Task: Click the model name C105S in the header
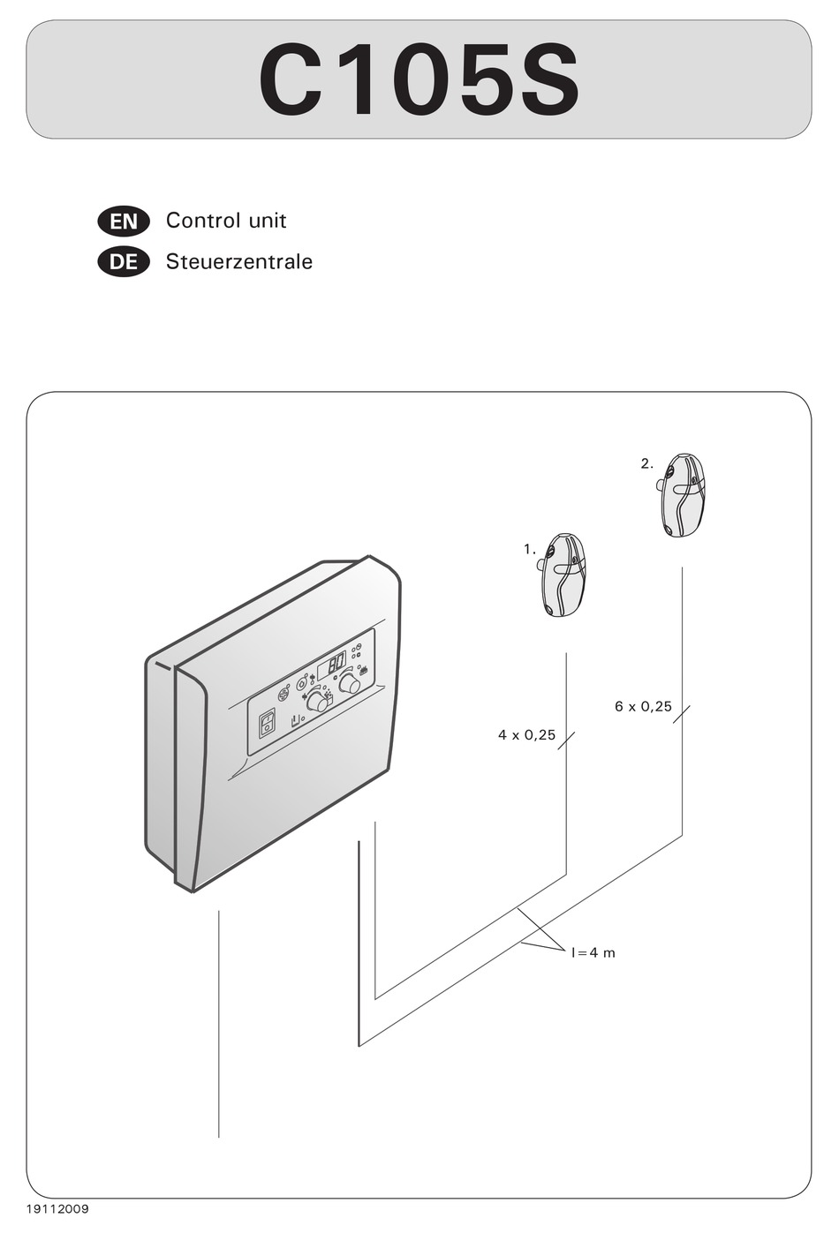(419, 81)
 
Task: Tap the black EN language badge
(124, 222)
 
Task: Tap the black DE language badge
(124, 262)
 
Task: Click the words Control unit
(226, 221)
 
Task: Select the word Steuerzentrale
(238, 262)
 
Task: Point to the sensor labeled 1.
(563, 575)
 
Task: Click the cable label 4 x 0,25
(526, 735)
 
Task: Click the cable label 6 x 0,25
(643, 707)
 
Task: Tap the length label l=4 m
(593, 953)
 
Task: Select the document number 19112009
(51, 1209)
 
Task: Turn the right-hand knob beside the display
(349, 684)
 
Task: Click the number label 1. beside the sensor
(529, 549)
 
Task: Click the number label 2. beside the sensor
(646, 463)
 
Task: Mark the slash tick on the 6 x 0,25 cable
(682, 713)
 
